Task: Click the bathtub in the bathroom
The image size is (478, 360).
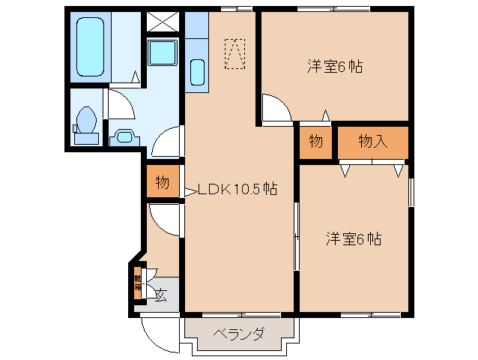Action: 92,47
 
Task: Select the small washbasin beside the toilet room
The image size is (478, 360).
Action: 124,136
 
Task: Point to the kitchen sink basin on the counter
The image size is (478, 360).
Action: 197,72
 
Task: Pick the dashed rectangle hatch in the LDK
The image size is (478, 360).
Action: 235,53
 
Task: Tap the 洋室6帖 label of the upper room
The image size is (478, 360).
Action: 334,66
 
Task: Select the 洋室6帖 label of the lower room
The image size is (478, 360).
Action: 354,239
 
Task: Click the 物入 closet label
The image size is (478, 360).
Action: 372,141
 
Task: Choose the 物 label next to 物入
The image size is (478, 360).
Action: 315,141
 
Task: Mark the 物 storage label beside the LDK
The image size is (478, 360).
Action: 162,182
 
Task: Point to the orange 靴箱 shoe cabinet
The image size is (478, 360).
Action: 138,283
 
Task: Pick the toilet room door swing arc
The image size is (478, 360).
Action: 122,103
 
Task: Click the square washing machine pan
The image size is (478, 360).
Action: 161,55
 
